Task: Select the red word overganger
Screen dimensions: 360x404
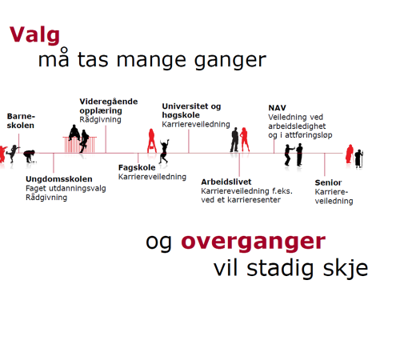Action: tap(253, 242)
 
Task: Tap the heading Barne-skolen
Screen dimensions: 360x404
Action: tap(22, 121)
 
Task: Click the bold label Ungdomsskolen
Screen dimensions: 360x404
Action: tap(52, 179)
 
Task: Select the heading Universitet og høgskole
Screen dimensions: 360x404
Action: tap(191, 110)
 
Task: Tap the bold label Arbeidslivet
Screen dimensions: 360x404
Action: tap(226, 182)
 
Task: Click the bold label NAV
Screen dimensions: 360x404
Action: tap(277, 107)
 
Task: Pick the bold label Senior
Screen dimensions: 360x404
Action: tap(328, 182)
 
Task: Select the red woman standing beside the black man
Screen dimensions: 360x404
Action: tap(246, 141)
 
